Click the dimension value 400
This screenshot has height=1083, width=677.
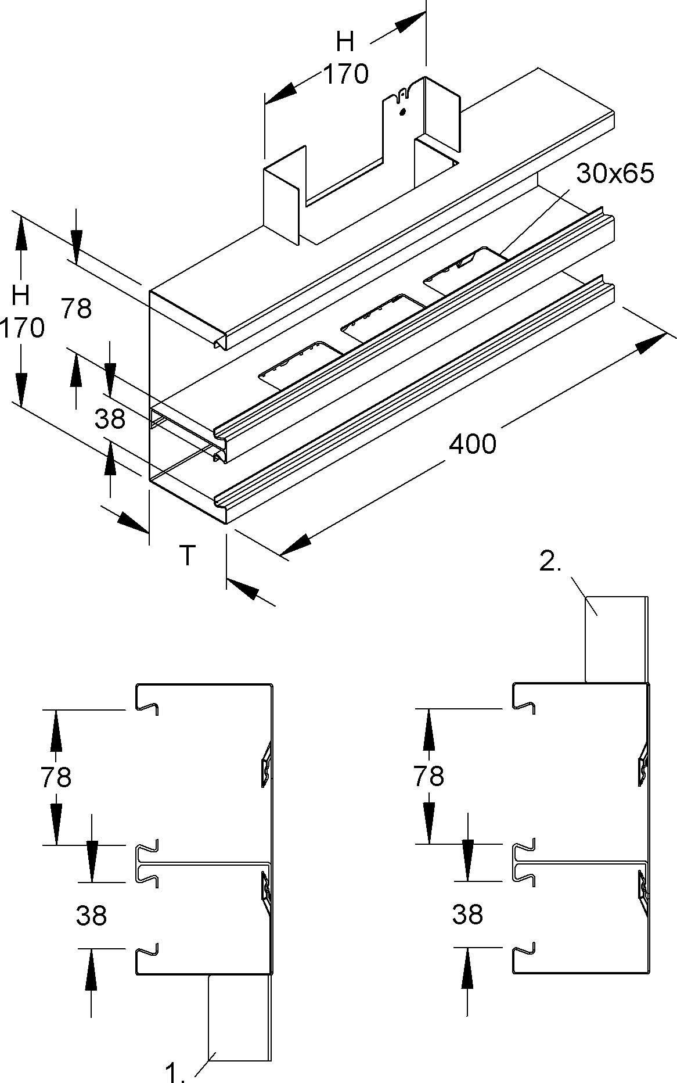(473, 444)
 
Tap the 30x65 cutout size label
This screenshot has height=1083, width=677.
(615, 173)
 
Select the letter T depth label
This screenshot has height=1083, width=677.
(186, 555)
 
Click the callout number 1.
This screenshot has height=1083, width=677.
(175, 1072)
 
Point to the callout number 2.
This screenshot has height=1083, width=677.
(550, 562)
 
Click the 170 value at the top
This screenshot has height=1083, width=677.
(345, 74)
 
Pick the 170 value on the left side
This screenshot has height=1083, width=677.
(22, 329)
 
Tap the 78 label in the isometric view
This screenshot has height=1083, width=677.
(76, 309)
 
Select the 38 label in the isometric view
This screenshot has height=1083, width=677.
(110, 418)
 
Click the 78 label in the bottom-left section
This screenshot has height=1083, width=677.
(56, 777)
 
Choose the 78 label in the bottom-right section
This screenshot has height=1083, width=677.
(428, 776)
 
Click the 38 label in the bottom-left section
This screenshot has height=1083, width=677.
(91, 916)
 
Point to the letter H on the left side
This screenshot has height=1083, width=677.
(21, 296)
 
